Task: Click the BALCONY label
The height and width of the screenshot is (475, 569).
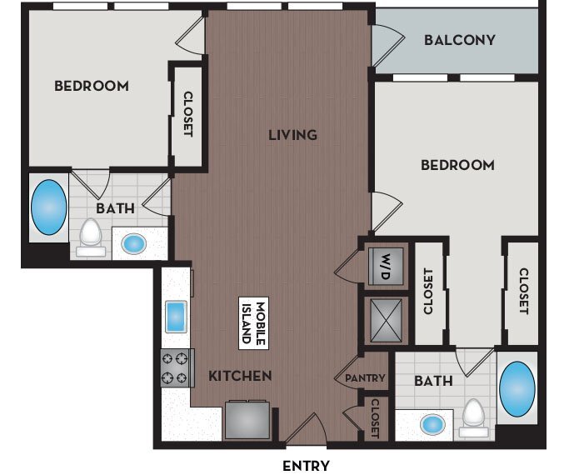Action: pos(459,40)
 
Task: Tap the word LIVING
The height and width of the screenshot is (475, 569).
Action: pos(292,134)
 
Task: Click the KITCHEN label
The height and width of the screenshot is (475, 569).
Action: pos(240,376)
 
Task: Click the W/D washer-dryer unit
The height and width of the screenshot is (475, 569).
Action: pos(386,265)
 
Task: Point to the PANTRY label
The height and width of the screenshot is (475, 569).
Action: pos(365,378)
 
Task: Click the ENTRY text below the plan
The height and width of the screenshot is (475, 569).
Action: pos(306,466)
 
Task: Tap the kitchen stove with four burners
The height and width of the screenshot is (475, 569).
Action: pos(176,367)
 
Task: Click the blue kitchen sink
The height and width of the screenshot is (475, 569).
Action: pos(177,317)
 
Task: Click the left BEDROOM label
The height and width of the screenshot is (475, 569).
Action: pos(92,86)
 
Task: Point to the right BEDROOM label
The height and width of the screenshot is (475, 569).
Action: pos(457,165)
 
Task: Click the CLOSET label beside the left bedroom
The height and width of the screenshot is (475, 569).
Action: pos(187,114)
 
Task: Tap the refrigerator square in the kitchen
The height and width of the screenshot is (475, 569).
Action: pos(247,419)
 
